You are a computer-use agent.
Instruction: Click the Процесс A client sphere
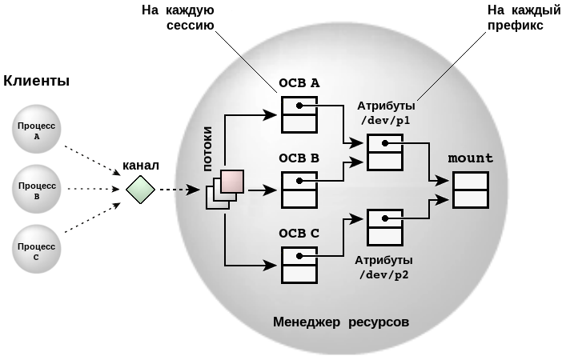point(38,130)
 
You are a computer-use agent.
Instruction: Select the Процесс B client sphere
point(38,190)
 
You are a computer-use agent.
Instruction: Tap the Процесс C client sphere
point(38,250)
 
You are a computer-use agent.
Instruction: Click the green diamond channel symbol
point(140,190)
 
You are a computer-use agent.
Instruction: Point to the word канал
point(141,166)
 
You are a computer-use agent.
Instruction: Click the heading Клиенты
point(37,81)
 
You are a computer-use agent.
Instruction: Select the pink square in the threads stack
point(232,182)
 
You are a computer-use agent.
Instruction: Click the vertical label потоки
point(208,149)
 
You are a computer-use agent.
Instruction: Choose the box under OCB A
point(299,114)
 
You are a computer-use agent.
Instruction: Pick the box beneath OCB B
point(299,190)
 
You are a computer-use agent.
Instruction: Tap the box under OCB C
point(299,264)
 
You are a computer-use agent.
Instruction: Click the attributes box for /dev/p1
point(385,151)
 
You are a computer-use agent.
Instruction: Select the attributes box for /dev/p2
point(385,226)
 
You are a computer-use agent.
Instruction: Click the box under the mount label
point(471,190)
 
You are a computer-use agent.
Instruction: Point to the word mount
point(471,158)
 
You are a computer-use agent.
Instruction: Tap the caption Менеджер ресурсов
point(341,322)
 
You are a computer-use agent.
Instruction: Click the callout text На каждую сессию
point(183,17)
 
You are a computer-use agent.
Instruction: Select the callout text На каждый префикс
point(515,17)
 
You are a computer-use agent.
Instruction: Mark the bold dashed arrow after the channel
point(179,190)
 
